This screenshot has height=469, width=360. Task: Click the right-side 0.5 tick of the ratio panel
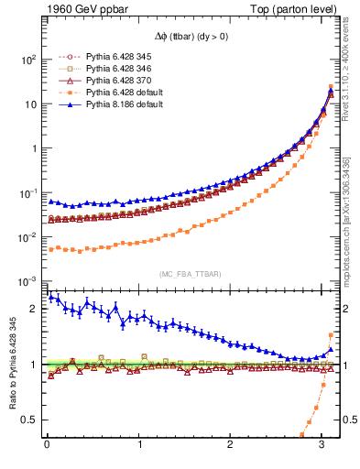click(x=347, y=420)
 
